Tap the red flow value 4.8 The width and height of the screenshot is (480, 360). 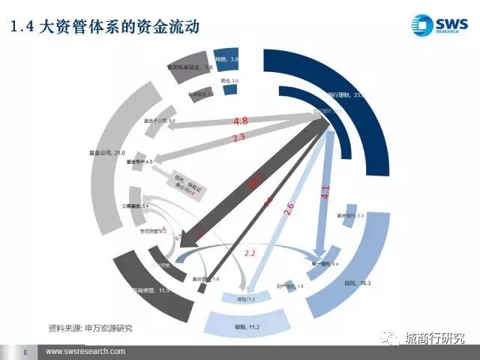click(241, 121)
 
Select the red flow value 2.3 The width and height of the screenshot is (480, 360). click(239, 137)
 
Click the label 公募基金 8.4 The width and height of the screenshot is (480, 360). click(136, 205)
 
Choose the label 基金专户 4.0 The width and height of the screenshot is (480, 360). click(139, 162)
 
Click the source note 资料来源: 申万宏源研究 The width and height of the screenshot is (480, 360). click(94, 328)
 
